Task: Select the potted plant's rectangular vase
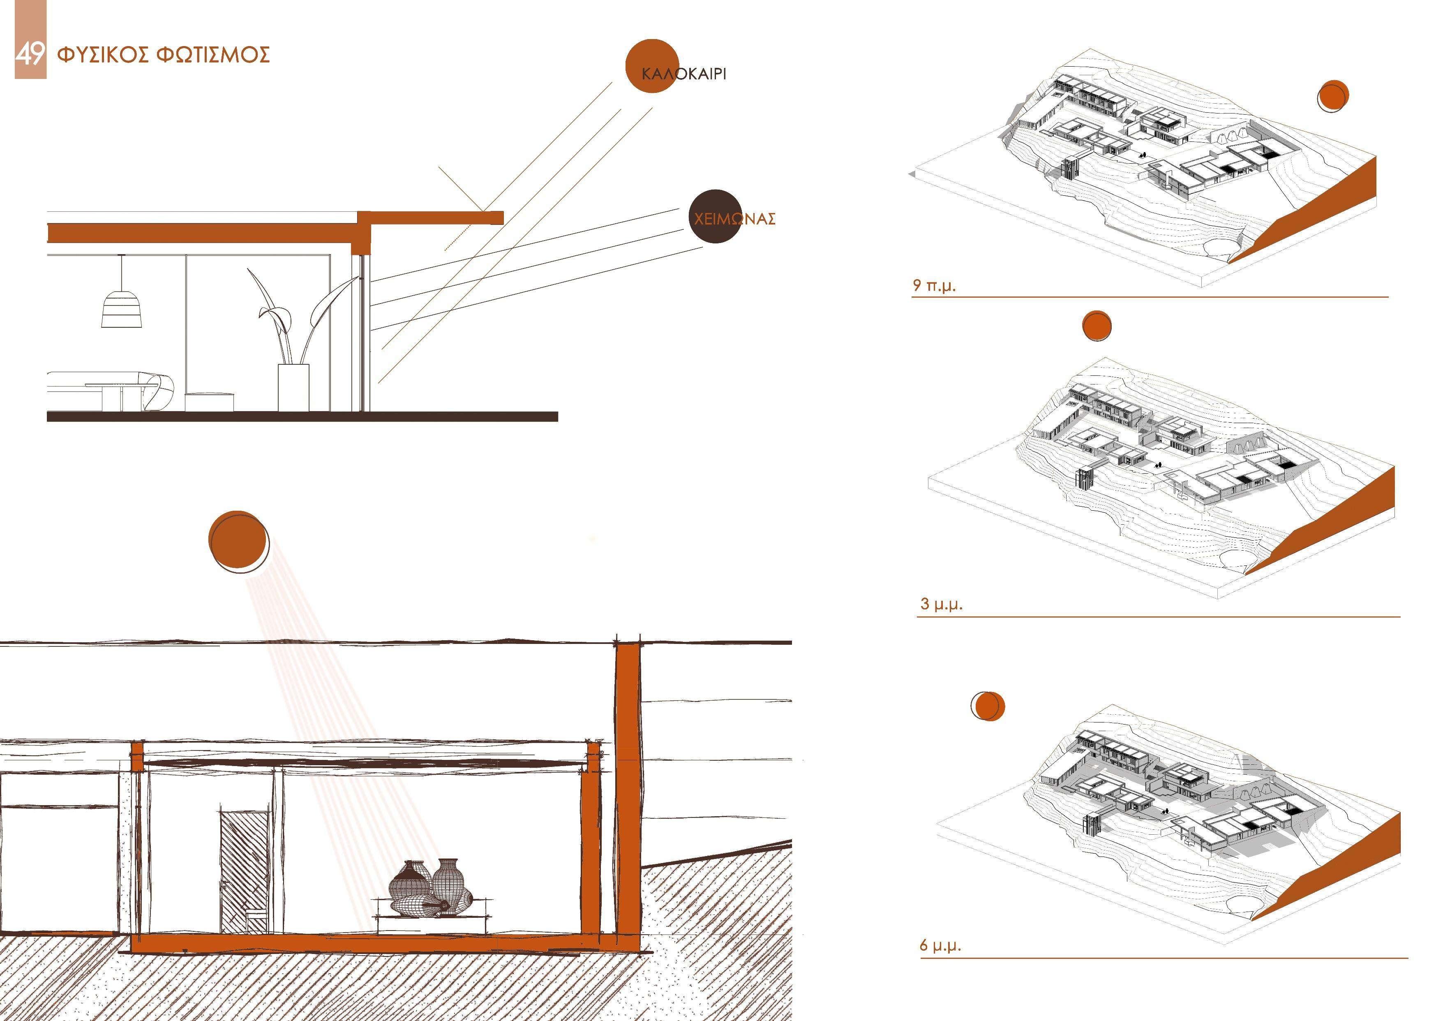[x=293, y=387]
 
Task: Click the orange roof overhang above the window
[x=434, y=218]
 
